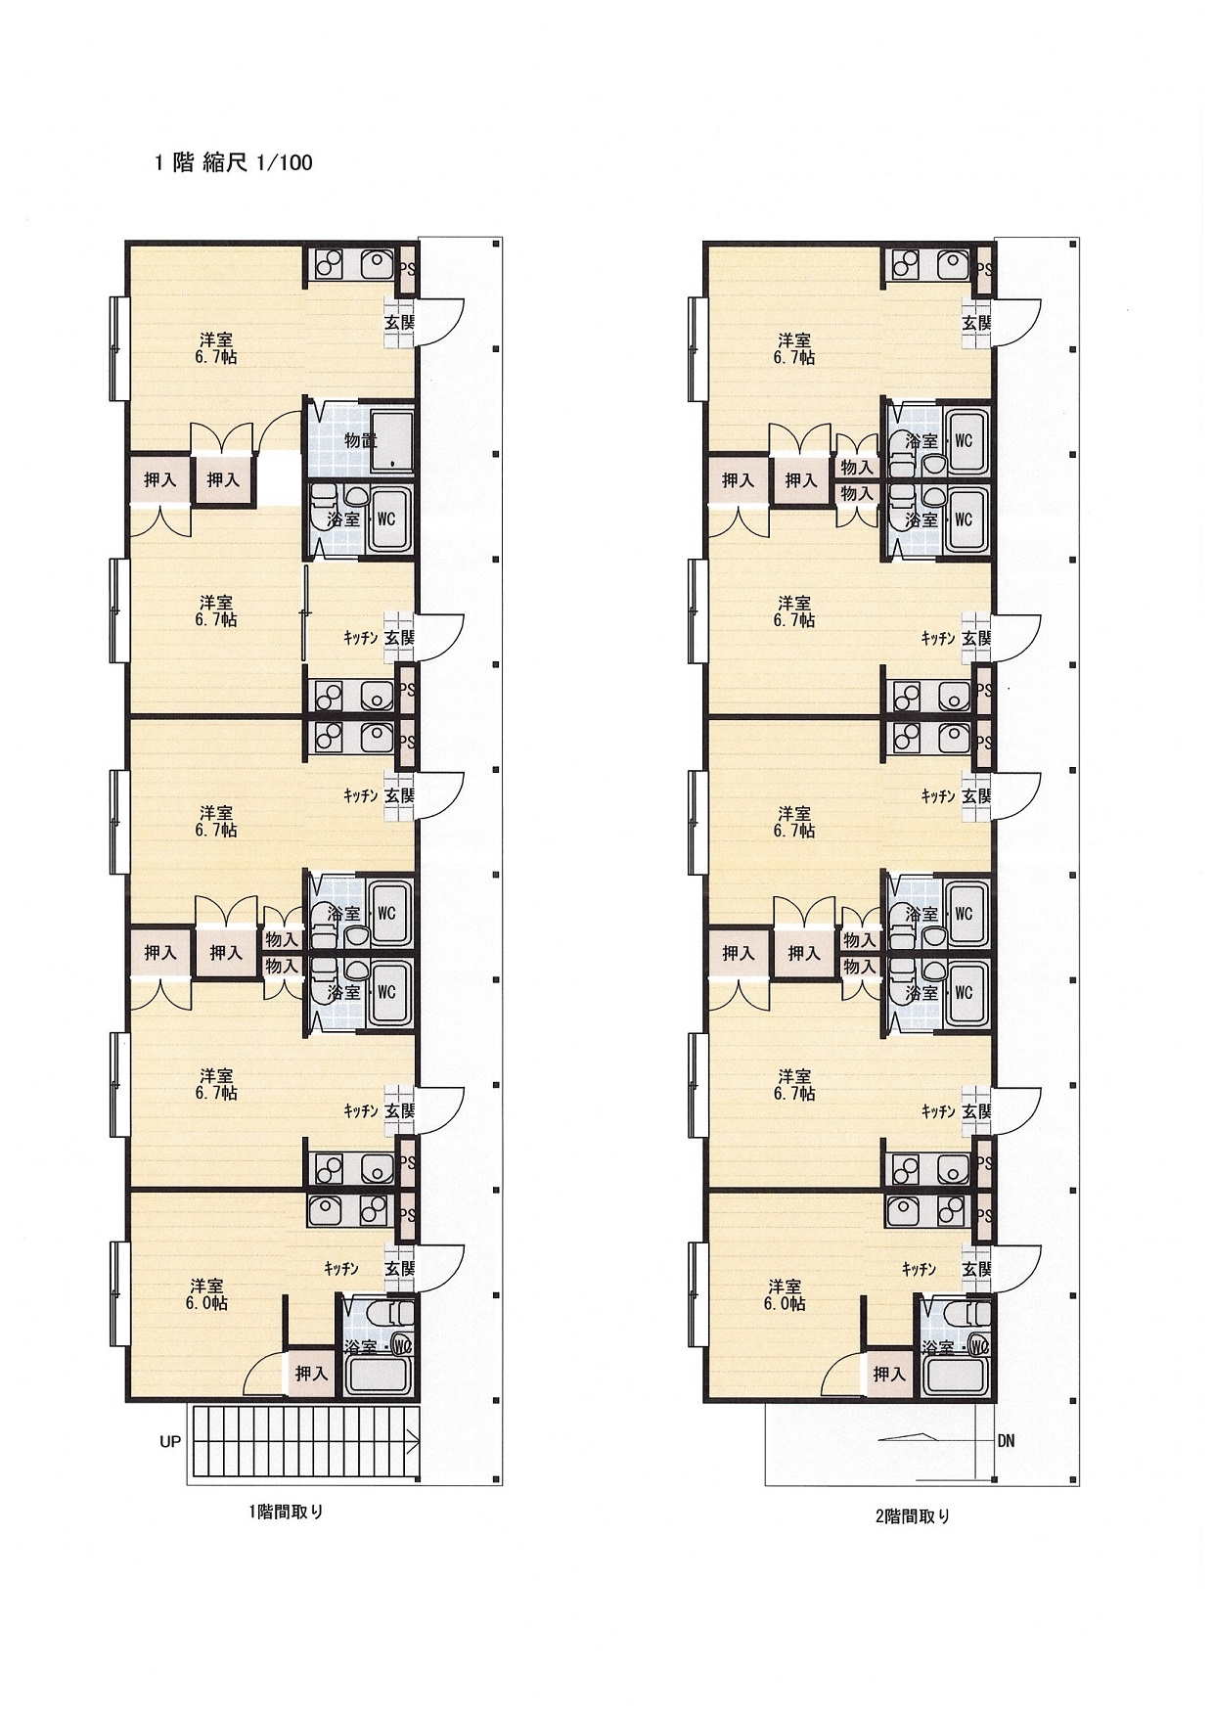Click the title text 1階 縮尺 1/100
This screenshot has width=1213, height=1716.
point(234,163)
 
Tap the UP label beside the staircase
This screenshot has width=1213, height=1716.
point(170,1442)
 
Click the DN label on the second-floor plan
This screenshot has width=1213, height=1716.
point(1007,1441)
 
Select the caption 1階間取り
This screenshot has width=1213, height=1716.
point(286,1512)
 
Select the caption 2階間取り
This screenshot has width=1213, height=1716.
point(912,1517)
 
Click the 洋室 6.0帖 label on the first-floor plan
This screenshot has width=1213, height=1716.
point(207,1294)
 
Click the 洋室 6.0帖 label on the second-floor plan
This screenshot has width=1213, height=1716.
point(786,1294)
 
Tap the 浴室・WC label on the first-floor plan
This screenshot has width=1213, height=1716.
point(378,1347)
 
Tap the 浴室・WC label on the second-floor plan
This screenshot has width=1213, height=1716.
point(956,1347)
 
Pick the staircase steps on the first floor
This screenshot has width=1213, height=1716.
point(304,1445)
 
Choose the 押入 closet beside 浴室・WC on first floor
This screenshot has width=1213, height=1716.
point(311,1374)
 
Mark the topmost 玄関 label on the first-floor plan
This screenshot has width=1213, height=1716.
point(399,321)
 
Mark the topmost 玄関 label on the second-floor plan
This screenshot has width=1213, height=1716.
point(977,321)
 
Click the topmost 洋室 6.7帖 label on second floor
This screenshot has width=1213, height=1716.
point(794,348)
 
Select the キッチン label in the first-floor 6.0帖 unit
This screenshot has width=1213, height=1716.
point(341,1269)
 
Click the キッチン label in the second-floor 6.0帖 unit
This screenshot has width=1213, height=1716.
point(920,1269)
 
